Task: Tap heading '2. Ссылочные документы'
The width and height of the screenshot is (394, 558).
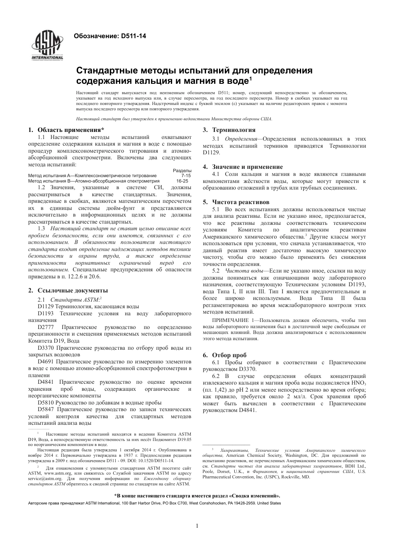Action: tap(68, 290)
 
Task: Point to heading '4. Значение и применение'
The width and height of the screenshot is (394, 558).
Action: tap(243, 167)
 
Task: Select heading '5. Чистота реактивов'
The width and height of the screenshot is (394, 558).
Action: tap(236, 202)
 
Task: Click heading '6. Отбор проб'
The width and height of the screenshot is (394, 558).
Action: tap(224, 355)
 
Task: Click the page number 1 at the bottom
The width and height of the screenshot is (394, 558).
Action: tap(197, 526)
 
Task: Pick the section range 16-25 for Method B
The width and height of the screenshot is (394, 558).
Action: tap(182, 181)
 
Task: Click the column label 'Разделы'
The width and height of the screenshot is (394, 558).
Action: tap(182, 171)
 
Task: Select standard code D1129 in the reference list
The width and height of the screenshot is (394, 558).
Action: tap(45, 307)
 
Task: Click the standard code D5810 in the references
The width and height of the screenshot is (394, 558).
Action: tap(45, 402)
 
